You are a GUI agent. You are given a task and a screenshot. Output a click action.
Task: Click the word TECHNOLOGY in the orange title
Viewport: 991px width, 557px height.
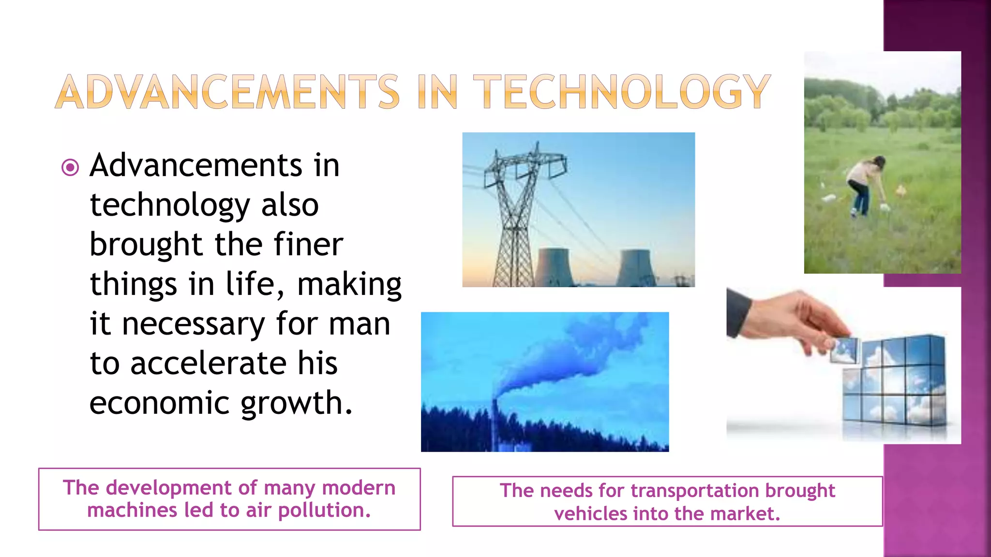(622, 92)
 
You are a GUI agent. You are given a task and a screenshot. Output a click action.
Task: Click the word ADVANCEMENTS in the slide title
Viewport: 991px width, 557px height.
(227, 92)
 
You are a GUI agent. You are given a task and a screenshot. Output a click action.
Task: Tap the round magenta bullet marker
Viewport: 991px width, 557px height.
(70, 168)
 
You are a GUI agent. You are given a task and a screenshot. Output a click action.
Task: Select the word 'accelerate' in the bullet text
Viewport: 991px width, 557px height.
(209, 363)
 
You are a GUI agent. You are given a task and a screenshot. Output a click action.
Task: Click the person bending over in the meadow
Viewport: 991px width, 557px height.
(866, 184)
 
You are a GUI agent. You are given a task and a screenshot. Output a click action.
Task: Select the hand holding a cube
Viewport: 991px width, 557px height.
(798, 319)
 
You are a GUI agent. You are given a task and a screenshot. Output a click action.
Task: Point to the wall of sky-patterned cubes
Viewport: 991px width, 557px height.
(895, 382)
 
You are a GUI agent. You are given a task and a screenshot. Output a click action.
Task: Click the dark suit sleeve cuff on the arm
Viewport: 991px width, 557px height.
(738, 312)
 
